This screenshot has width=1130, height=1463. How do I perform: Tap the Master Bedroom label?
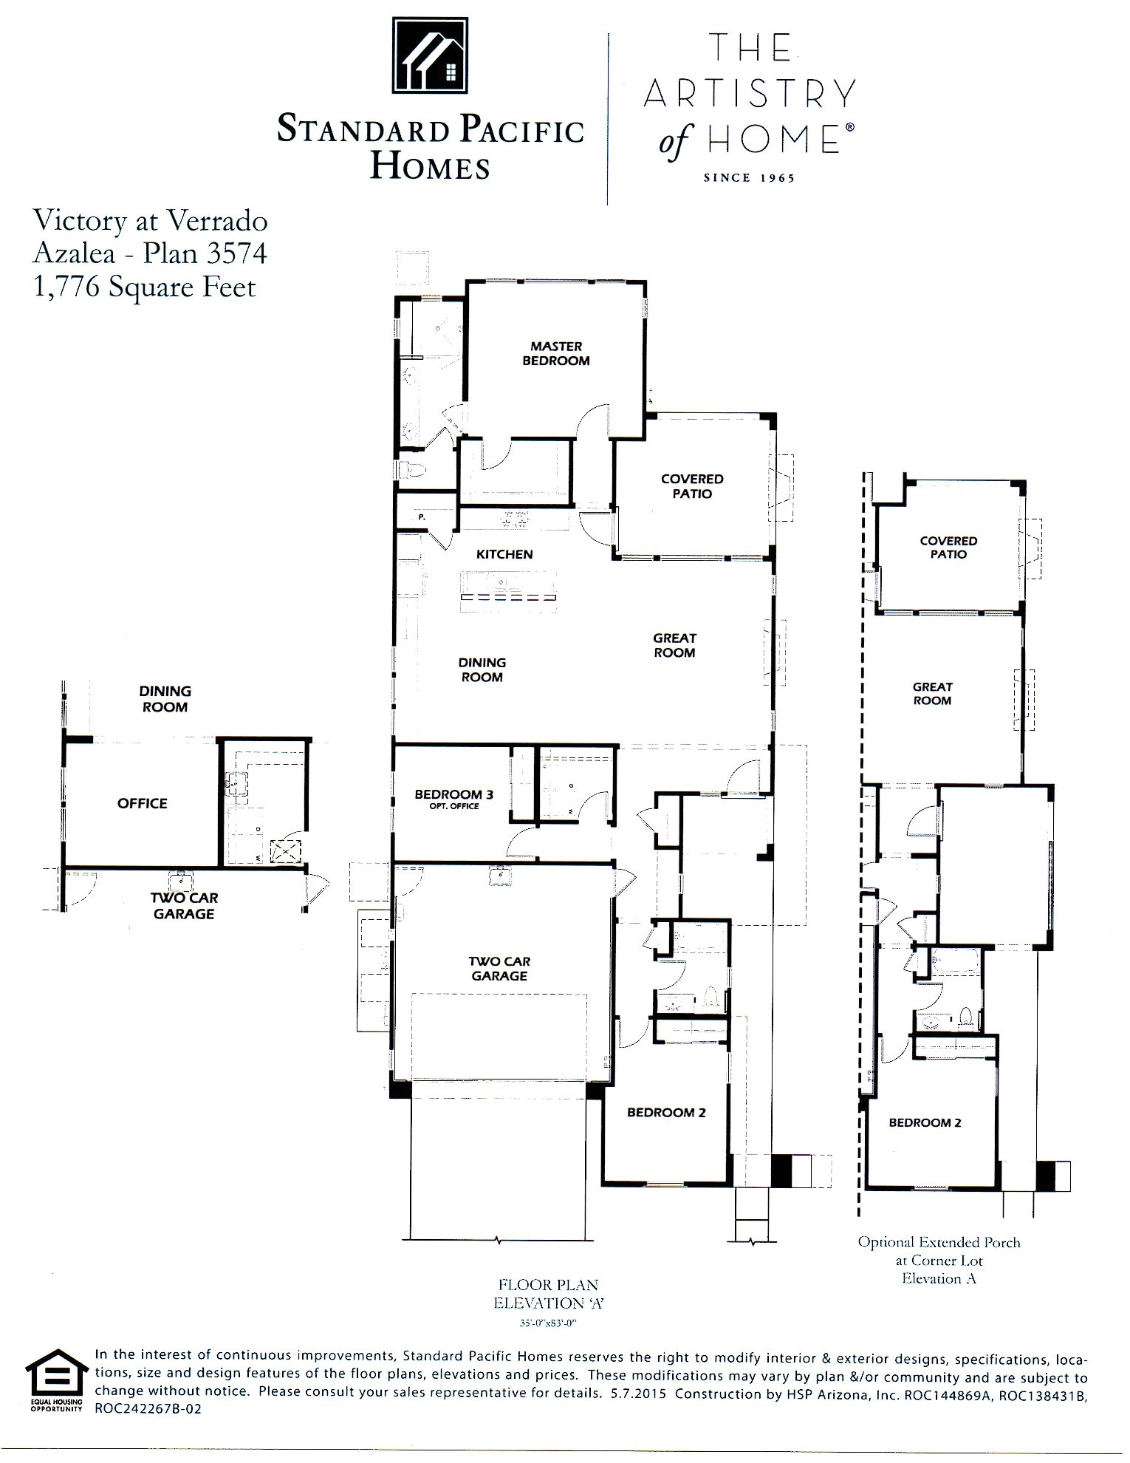(x=556, y=353)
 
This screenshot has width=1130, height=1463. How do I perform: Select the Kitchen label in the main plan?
(x=504, y=554)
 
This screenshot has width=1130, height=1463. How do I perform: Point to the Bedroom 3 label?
(x=453, y=795)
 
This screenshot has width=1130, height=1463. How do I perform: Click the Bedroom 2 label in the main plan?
(x=666, y=1113)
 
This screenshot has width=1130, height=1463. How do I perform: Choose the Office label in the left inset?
(x=142, y=803)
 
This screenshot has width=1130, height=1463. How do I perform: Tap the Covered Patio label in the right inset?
(x=948, y=548)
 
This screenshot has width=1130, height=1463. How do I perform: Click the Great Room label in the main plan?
(x=674, y=645)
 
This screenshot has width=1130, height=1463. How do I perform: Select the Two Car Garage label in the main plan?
(x=499, y=969)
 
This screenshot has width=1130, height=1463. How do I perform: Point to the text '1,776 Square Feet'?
(x=145, y=287)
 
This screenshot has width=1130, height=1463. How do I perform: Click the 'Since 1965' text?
(x=749, y=178)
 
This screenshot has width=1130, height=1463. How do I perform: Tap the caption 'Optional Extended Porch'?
(x=939, y=1242)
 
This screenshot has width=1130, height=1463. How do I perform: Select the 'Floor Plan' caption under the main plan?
(x=548, y=1285)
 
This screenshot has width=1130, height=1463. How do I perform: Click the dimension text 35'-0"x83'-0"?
(x=548, y=1324)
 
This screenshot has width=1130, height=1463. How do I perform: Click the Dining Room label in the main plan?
(x=482, y=669)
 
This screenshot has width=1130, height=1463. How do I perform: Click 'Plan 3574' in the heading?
(x=205, y=253)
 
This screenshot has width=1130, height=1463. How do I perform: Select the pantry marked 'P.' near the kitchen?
(x=422, y=517)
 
